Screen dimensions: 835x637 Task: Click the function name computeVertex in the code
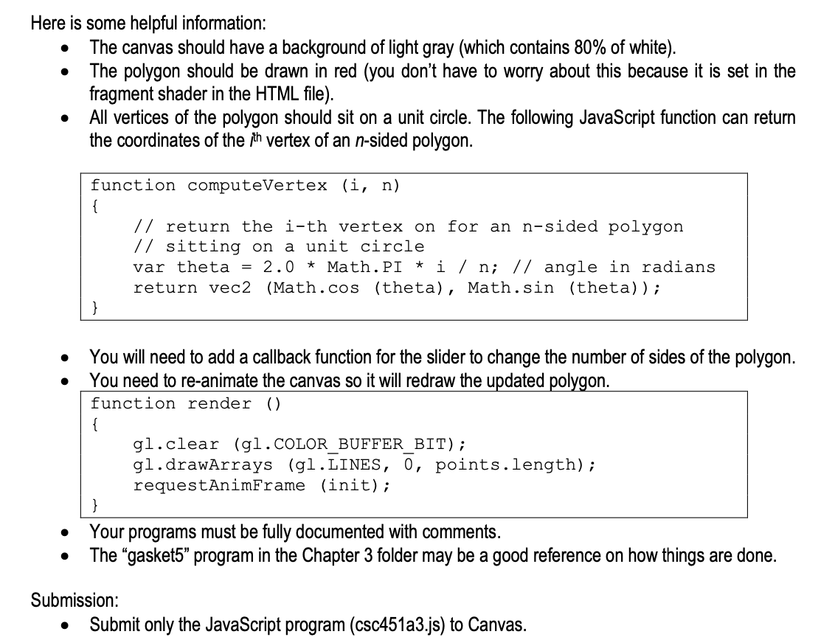coord(257,186)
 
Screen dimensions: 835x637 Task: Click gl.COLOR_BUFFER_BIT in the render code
coord(350,445)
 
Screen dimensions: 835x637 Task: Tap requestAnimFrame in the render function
coord(219,485)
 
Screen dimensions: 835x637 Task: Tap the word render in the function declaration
coord(219,404)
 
